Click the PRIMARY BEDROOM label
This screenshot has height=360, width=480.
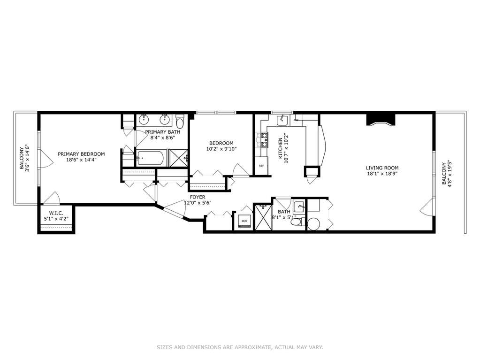point(81,154)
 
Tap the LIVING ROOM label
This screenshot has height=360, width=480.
point(382,168)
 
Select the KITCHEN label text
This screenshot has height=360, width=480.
point(280,148)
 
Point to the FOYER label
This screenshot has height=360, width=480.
point(198,197)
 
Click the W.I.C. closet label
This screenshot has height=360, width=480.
point(56,213)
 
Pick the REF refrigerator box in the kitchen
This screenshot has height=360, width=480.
point(261,166)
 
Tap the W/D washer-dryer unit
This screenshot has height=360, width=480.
point(244,221)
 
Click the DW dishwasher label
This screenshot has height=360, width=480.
point(296,120)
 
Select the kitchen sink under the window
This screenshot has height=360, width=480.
point(282,120)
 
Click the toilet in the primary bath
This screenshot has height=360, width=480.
point(180,122)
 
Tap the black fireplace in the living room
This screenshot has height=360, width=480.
point(381,119)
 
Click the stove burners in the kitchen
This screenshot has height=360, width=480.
point(262,139)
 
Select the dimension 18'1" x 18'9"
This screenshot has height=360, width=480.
point(382,174)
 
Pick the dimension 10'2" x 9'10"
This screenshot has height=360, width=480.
point(221,149)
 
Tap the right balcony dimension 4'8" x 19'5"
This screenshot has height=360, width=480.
point(450,174)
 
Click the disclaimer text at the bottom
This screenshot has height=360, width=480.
point(240,347)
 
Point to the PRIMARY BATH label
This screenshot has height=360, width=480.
point(162,132)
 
